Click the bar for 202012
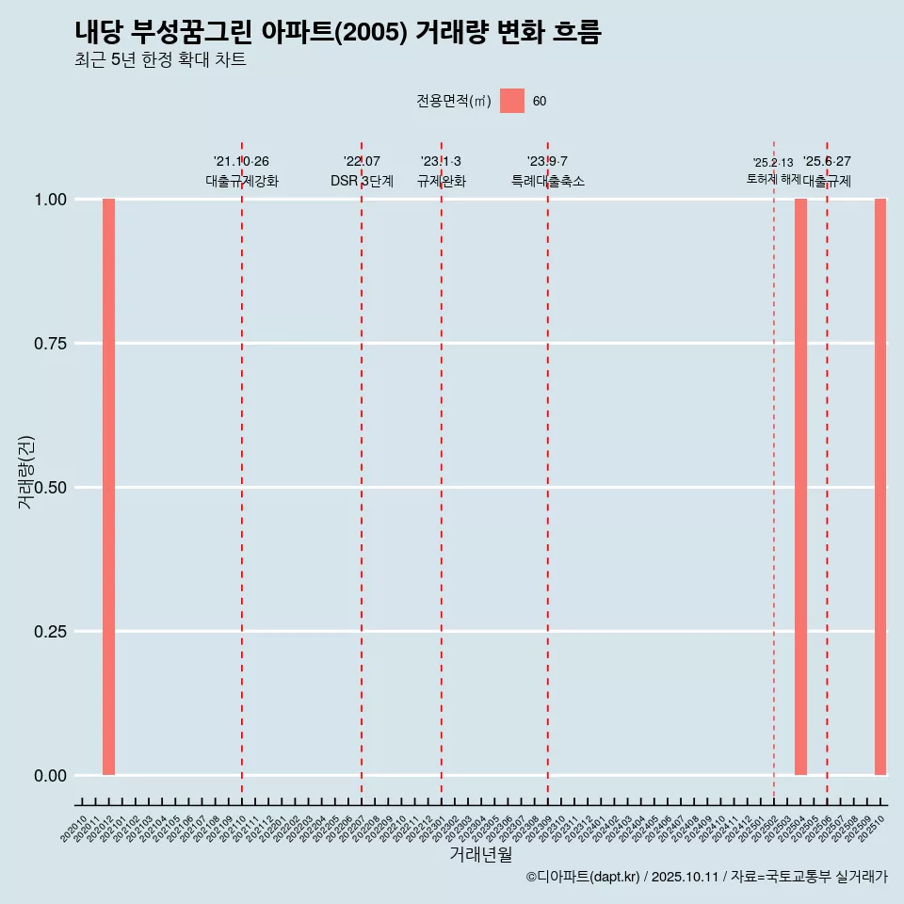click(x=108, y=487)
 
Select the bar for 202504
click(x=800, y=487)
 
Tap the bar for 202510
click(x=880, y=487)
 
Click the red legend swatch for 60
click(x=512, y=101)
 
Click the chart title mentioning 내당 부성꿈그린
click(x=337, y=33)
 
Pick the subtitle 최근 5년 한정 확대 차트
click(x=160, y=60)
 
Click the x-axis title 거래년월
click(x=481, y=855)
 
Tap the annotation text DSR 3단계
click(x=362, y=181)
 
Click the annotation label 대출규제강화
click(x=242, y=181)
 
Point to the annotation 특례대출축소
click(x=548, y=181)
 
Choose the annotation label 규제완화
click(x=442, y=181)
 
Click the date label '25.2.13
click(x=773, y=163)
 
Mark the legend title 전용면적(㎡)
click(x=453, y=102)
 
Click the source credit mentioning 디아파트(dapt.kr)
click(x=707, y=878)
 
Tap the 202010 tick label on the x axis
click(x=74, y=829)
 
